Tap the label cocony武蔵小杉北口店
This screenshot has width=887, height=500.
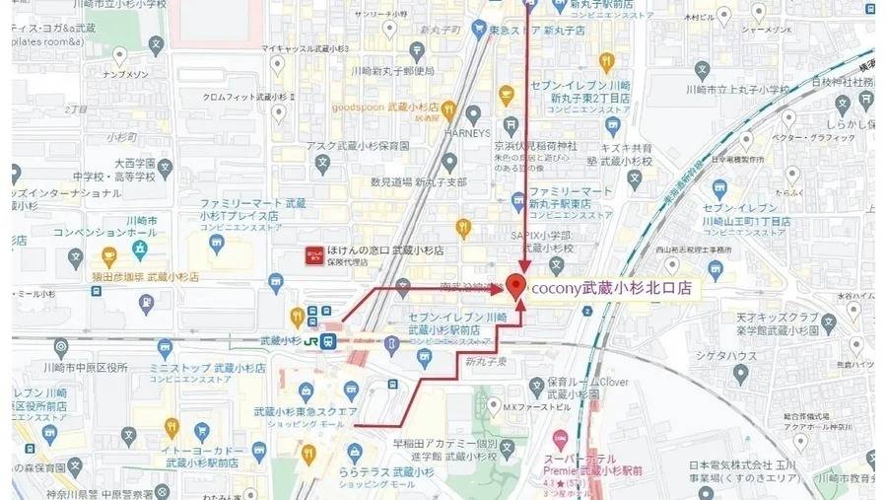click(x=611, y=289)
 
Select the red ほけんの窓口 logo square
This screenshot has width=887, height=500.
click(x=311, y=255)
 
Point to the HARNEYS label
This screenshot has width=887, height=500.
click(x=468, y=132)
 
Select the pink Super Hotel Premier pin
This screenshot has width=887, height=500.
click(x=559, y=437)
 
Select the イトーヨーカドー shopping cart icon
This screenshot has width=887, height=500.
click(x=203, y=431)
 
